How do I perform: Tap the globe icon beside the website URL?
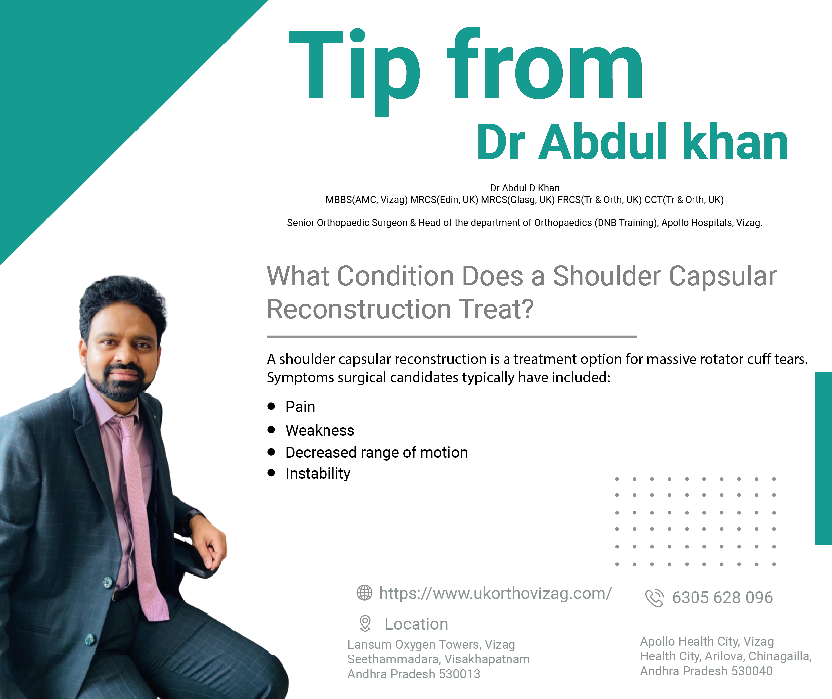click(x=364, y=593)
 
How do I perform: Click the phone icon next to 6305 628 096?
click(x=654, y=598)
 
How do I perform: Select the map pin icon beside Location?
click(x=365, y=623)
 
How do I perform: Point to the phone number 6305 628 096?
click(x=722, y=598)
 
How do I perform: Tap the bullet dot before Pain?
click(x=271, y=406)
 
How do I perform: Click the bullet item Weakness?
click(x=320, y=430)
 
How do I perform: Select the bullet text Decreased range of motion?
click(x=377, y=453)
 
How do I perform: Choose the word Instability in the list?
click(x=318, y=474)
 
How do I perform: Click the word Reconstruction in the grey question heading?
click(x=359, y=309)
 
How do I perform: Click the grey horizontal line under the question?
click(x=452, y=337)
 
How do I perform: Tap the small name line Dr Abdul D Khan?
click(x=524, y=188)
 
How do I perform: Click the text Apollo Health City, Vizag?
click(x=707, y=642)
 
